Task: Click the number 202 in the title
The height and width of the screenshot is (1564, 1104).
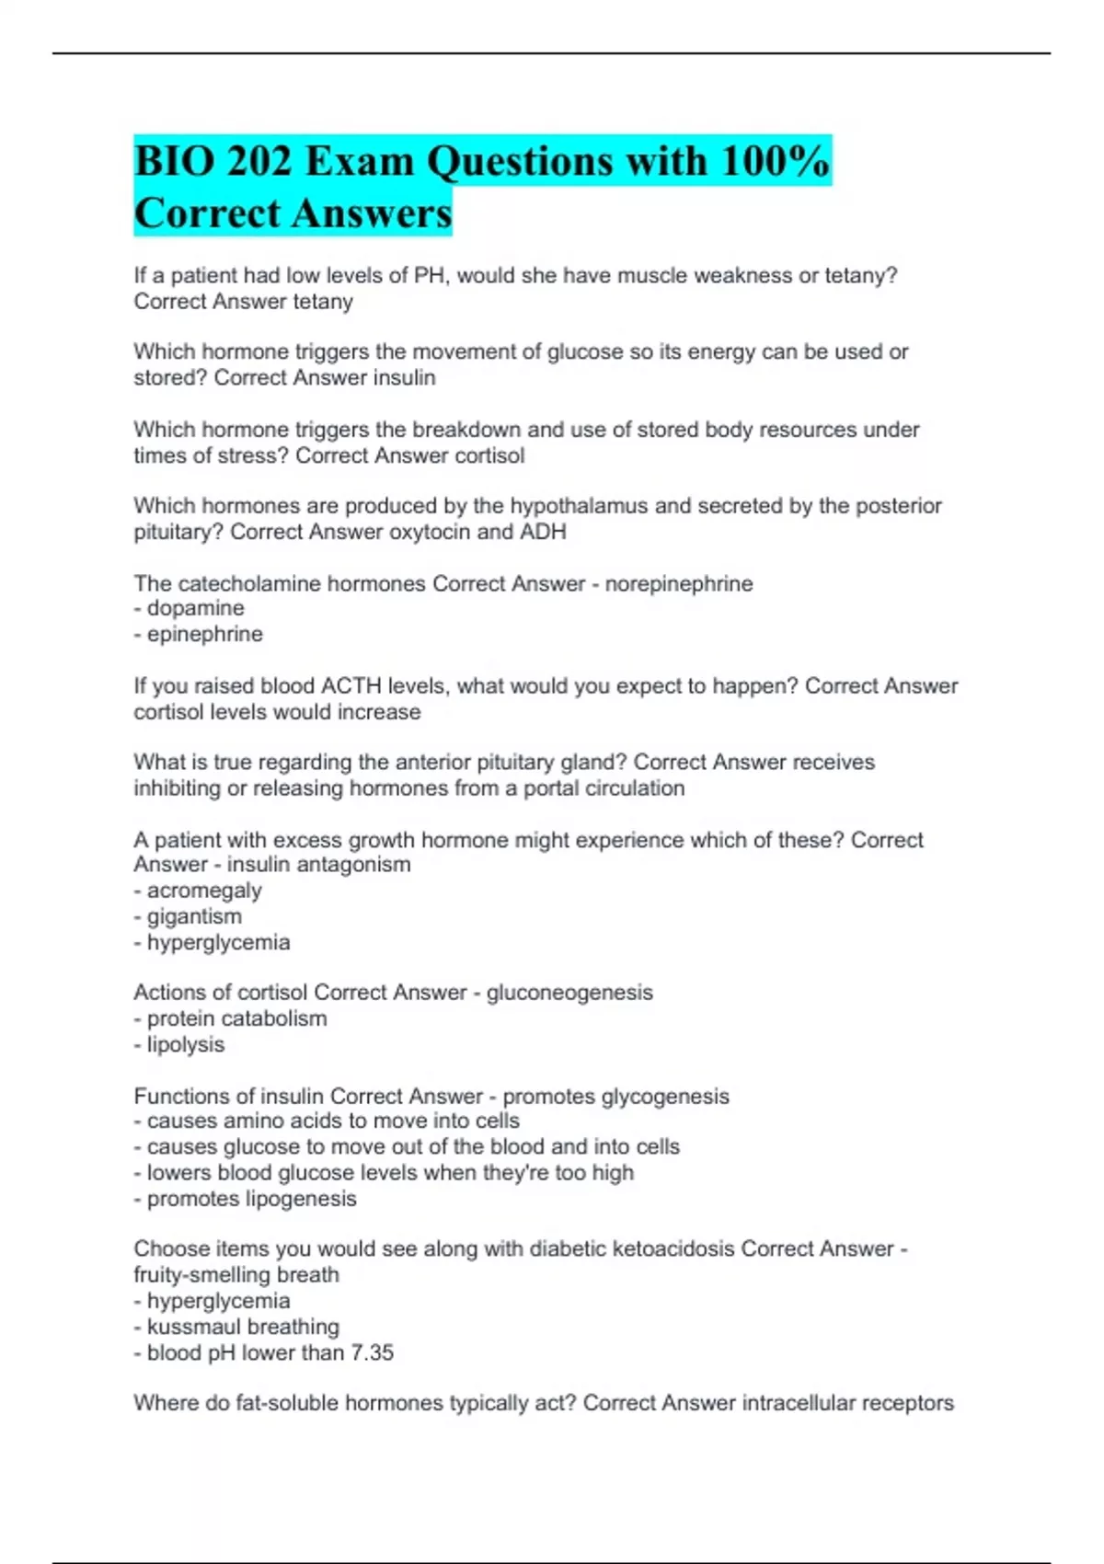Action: (259, 162)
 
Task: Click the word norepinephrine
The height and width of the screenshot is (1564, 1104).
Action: (679, 583)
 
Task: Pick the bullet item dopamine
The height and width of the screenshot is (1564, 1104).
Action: (195, 608)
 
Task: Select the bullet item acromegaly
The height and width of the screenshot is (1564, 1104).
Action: (204, 891)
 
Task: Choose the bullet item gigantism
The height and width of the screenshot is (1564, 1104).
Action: (194, 916)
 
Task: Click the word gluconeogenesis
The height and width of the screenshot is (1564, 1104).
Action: (569, 993)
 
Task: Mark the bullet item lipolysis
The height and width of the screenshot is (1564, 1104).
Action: (185, 1044)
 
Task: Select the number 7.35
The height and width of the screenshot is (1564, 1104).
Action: (373, 1352)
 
